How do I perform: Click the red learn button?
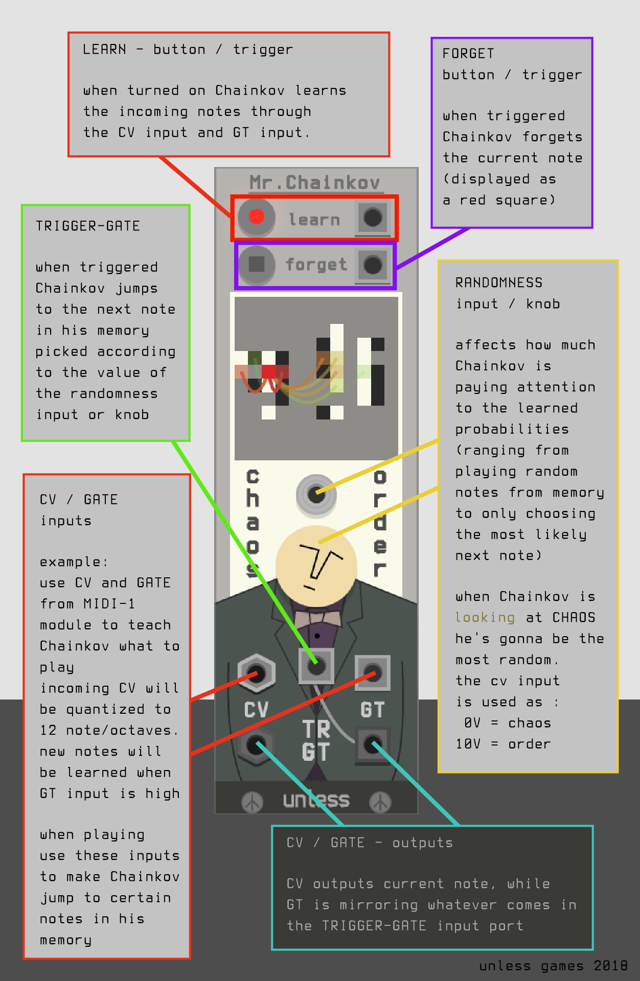pos(256,217)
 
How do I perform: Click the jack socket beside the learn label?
pos(373,218)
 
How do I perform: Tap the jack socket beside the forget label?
pos(373,265)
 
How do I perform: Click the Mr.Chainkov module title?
pos(315,182)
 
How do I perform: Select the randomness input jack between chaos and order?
pos(316,494)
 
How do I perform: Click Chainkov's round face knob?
pos(316,566)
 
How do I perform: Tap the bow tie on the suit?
pos(317,618)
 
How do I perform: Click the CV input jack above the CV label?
pos(257,673)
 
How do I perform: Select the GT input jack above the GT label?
pos(373,673)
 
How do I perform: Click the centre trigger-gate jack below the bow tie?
pos(316,666)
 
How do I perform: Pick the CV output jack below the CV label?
pos(257,745)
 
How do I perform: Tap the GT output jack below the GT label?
pos(373,744)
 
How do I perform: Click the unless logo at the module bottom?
pos(316,800)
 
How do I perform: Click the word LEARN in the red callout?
pos(104,50)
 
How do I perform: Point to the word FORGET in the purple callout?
pos(468,54)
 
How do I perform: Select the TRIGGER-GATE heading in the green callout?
pos(87,226)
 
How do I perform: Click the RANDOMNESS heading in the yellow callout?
pos(499,283)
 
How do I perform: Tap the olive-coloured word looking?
pos(485,618)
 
